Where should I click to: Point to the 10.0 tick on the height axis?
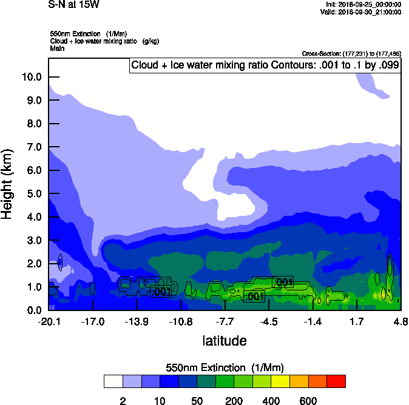click(x=32, y=77)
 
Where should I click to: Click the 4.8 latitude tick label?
click(x=401, y=321)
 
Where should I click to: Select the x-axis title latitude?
click(x=225, y=341)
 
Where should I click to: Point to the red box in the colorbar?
click(x=336, y=381)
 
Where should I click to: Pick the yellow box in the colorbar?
click(x=280, y=381)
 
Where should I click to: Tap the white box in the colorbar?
click(x=113, y=381)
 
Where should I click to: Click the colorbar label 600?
click(x=308, y=401)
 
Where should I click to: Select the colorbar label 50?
click(x=197, y=401)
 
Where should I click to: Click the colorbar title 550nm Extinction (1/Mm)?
click(x=225, y=368)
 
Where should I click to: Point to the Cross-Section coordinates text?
click(x=351, y=54)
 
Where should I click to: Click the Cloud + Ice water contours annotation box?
click(x=265, y=65)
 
